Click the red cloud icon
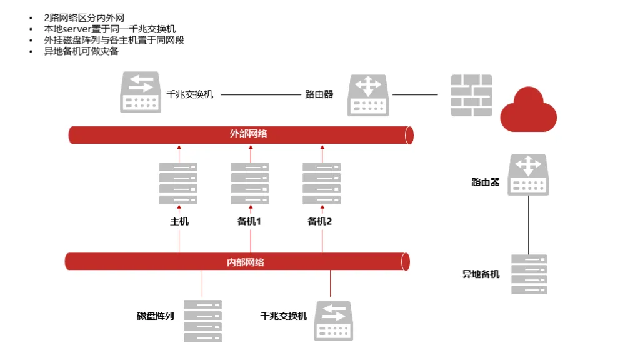(529, 110)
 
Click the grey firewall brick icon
(471, 94)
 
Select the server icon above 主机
(178, 183)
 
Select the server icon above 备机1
(250, 183)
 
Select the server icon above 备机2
(322, 183)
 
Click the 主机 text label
(179, 222)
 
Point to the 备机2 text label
(320, 222)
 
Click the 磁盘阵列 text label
(155, 316)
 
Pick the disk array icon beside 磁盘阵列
(202, 321)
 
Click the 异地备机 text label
(481, 274)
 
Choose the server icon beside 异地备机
(529, 274)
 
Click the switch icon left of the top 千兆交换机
(141, 92)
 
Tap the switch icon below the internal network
(334, 321)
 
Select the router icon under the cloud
(528, 175)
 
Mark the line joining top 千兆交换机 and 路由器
(261, 94)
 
